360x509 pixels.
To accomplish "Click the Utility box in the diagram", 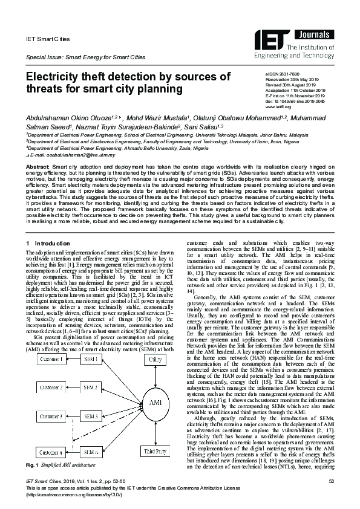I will [155, 360].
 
